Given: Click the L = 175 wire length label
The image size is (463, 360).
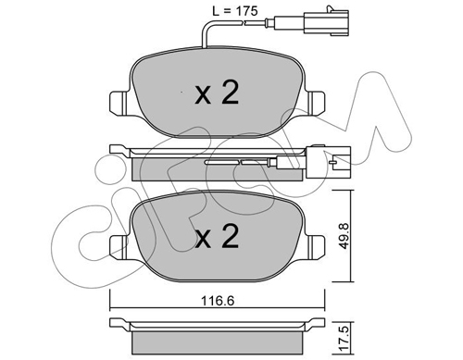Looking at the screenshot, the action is pyautogui.click(x=234, y=11).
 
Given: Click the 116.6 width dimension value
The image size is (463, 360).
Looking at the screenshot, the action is pyautogui.click(x=218, y=301).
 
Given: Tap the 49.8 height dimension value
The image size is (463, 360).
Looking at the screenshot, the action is pyautogui.click(x=344, y=236).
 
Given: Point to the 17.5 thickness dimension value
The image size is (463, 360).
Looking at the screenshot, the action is pyautogui.click(x=344, y=339).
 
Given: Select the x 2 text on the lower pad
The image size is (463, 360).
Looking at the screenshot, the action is pyautogui.click(x=217, y=236).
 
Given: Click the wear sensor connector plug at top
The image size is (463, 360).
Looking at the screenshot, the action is pyautogui.click(x=327, y=21).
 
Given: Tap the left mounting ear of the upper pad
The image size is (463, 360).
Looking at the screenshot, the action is pyautogui.click(x=119, y=103).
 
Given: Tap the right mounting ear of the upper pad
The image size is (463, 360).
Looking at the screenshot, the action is pyautogui.click(x=316, y=103).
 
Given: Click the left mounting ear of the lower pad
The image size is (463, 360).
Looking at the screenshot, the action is pyautogui.click(x=119, y=247).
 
